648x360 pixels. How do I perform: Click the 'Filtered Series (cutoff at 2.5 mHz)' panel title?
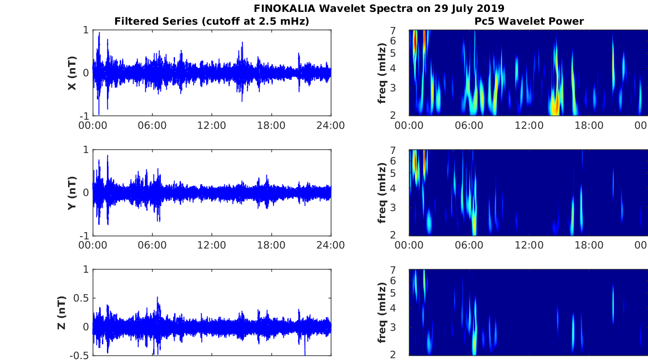(x=212, y=21)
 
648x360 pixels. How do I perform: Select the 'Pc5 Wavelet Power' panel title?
(x=529, y=21)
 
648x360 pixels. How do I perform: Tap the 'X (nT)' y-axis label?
(x=72, y=73)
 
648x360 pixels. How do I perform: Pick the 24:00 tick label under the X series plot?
(x=331, y=126)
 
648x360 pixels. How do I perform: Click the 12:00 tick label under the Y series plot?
(x=212, y=245)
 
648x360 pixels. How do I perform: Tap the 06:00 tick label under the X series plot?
(x=152, y=126)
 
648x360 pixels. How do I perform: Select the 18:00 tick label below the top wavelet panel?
(x=589, y=126)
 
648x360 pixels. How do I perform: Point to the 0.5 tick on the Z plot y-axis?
(x=82, y=298)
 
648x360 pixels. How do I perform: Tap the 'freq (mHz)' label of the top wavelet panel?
(x=382, y=73)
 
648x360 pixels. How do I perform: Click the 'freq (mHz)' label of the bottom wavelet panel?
(x=382, y=313)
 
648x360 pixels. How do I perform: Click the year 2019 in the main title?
(x=490, y=8)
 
